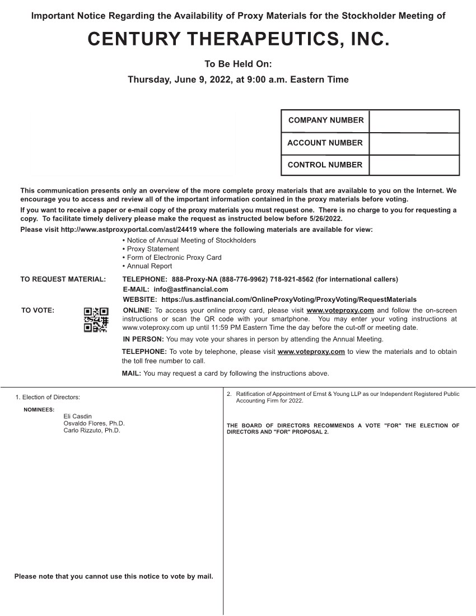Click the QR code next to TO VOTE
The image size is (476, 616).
(96, 320)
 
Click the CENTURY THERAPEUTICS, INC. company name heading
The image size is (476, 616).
(238, 39)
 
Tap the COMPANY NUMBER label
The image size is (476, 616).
(325, 120)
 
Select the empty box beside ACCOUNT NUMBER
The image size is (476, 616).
(414, 143)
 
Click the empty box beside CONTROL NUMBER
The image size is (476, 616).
(414, 165)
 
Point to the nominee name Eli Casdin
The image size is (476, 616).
(77, 417)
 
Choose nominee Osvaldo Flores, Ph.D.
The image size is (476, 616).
(94, 423)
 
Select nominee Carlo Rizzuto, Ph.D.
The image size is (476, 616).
(92, 431)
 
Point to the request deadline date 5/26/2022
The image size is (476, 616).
(325, 219)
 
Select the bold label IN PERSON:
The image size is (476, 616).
(143, 339)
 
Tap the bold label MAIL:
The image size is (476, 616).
(131, 374)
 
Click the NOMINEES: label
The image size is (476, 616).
(39, 410)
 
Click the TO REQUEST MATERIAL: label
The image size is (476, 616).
(63, 279)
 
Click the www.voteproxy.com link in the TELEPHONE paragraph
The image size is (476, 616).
(311, 352)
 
